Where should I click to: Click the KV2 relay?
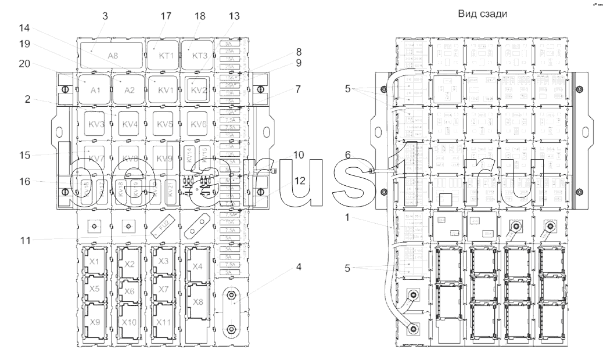[199, 89]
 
